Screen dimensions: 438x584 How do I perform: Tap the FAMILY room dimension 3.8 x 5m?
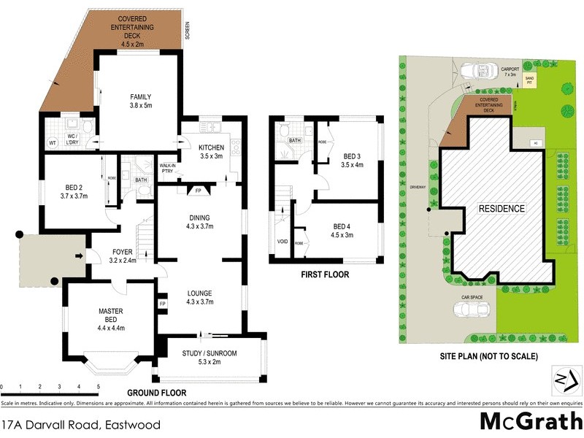[140, 106]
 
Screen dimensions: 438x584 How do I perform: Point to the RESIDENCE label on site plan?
[501, 209]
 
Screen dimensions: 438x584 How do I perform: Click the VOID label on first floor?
[283, 241]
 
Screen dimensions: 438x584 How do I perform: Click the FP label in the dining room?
[198, 191]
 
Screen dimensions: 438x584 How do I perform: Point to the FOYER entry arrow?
[78, 256]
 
